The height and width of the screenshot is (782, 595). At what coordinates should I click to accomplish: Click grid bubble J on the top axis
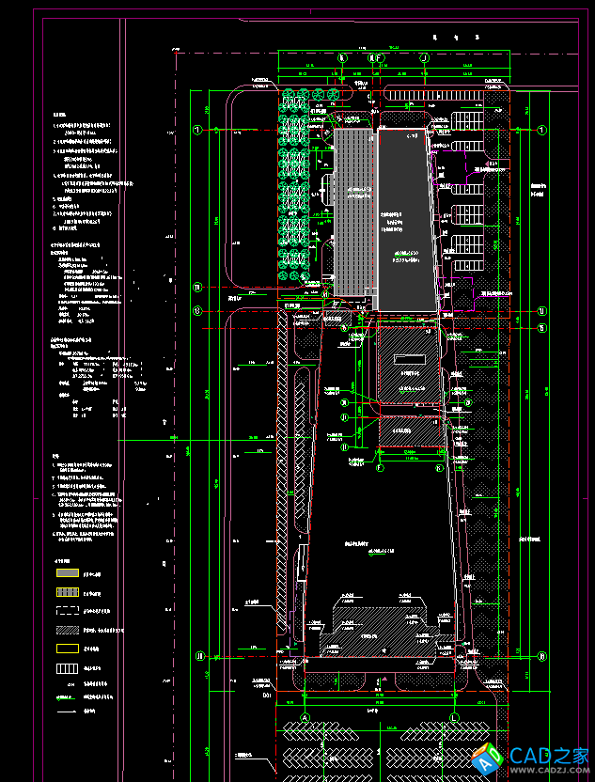coord(425,58)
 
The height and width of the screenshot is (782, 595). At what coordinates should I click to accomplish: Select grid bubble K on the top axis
coord(342,58)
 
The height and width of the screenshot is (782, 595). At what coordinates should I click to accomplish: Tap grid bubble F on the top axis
coord(374,58)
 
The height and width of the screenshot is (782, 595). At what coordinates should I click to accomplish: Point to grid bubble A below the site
coord(305,718)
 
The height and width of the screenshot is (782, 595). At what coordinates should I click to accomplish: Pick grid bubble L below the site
coord(455,718)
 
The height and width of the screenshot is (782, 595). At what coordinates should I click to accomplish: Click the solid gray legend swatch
coord(67,572)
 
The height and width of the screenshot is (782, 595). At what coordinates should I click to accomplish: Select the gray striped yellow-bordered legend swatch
coord(67,592)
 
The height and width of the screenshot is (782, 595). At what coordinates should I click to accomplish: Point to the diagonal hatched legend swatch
coord(67,631)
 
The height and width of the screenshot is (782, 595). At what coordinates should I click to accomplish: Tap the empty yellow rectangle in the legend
coord(67,649)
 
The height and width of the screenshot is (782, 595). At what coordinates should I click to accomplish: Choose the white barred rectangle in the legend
coord(67,668)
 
